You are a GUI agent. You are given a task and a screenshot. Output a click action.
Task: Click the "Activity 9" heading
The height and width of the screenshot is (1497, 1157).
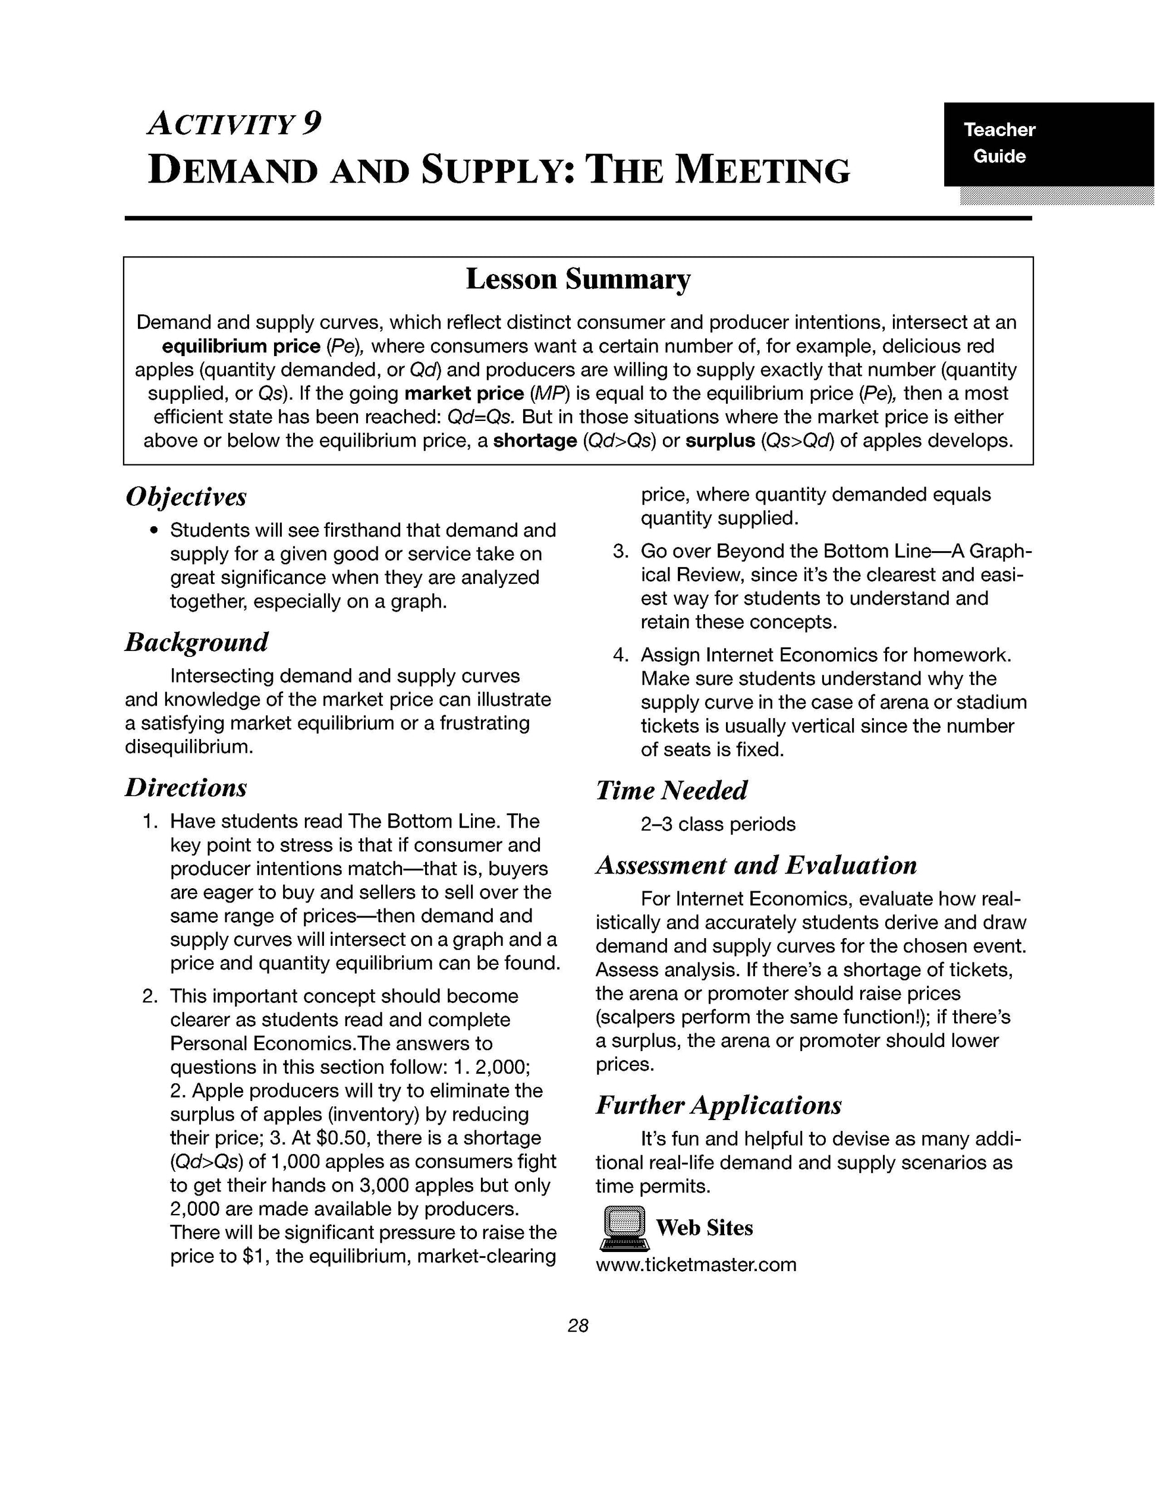click(234, 124)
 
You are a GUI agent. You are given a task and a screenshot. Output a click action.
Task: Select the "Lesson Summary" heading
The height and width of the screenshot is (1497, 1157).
click(578, 279)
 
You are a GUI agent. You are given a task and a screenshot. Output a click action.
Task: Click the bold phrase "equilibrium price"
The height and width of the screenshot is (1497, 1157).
click(241, 345)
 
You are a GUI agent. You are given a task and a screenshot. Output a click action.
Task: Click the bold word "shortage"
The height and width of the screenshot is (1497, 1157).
click(535, 440)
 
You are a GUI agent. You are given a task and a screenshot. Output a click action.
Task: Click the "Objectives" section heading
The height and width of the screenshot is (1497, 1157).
click(186, 497)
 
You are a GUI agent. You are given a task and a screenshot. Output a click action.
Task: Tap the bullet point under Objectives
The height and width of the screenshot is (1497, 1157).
click(155, 530)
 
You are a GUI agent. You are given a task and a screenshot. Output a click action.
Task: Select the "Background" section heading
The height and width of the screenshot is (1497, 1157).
click(197, 642)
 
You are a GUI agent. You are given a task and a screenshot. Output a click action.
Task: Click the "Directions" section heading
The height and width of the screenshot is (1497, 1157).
click(186, 788)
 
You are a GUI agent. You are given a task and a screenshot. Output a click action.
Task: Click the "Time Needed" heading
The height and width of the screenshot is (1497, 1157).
click(671, 790)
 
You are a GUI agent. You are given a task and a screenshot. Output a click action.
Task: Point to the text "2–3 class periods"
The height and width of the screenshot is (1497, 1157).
click(718, 824)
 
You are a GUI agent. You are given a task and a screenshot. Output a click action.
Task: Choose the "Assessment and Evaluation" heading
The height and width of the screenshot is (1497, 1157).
click(756, 865)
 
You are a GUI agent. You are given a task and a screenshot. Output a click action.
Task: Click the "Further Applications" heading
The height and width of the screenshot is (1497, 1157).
click(718, 1105)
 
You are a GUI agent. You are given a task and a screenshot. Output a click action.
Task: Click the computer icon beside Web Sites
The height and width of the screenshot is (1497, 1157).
click(623, 1227)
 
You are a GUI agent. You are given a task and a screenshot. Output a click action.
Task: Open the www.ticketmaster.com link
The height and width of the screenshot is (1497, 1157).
click(696, 1264)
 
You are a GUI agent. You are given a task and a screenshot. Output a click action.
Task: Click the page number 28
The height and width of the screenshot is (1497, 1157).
click(578, 1326)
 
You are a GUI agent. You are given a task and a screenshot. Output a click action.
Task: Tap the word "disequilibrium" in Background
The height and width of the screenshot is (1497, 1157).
click(189, 747)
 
